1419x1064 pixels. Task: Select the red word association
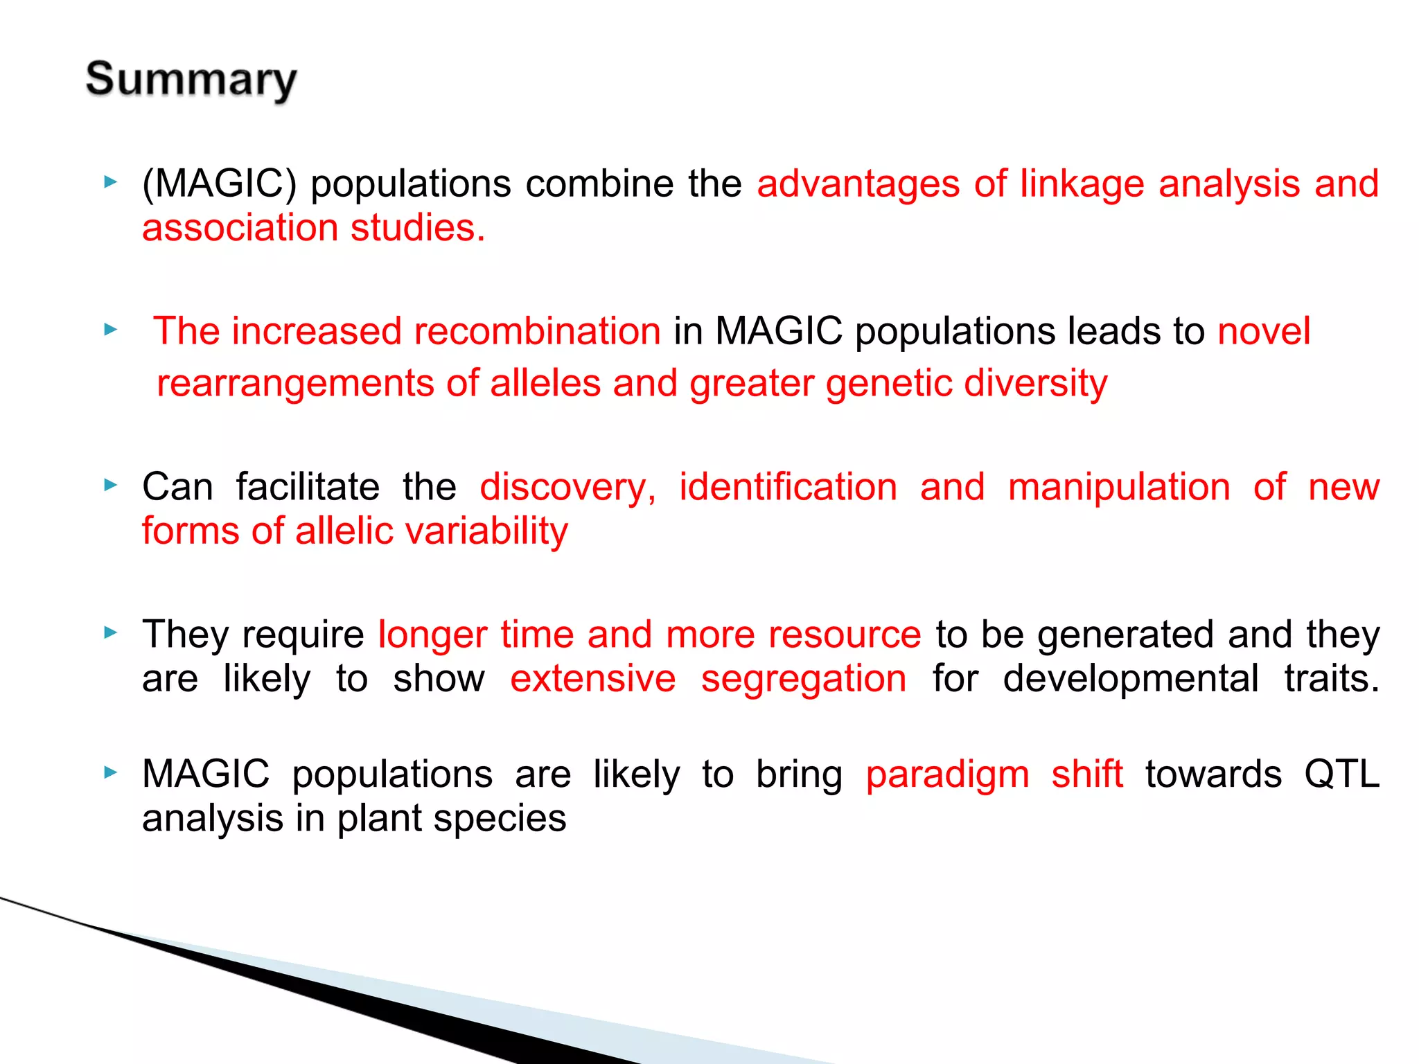click(x=240, y=228)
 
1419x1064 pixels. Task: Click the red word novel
click(x=1263, y=331)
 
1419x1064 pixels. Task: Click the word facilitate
click(x=308, y=487)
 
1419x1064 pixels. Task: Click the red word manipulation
click(x=1119, y=487)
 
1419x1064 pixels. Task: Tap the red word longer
click(x=432, y=635)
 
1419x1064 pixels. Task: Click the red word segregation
click(x=803, y=679)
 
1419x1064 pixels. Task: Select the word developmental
click(x=1130, y=679)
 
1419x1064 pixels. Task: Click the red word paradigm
click(x=947, y=774)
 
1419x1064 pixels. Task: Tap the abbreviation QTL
click(x=1341, y=774)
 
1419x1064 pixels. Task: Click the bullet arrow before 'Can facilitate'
click(x=110, y=486)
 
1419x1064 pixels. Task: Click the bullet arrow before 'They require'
click(x=110, y=632)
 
